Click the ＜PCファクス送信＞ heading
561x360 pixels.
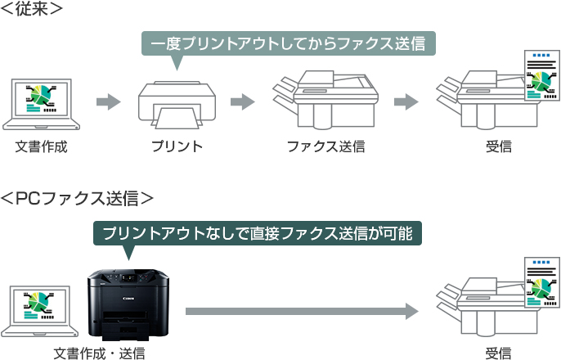(77, 198)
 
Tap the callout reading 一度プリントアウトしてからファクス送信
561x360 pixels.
(288, 43)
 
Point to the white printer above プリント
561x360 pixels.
(176, 105)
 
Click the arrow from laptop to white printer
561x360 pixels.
(108, 102)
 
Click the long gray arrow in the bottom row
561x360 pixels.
(301, 312)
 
